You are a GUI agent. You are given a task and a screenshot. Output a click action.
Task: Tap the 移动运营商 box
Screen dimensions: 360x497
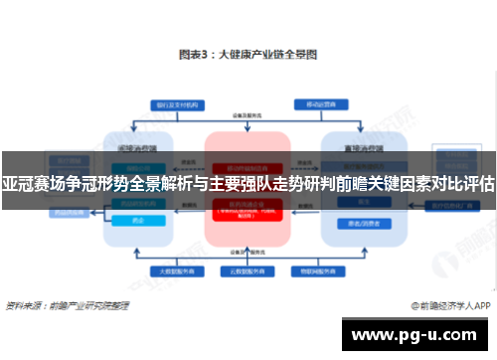pyautogui.click(x=318, y=103)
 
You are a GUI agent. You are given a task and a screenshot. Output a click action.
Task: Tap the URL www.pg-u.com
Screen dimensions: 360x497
pyautogui.click(x=416, y=334)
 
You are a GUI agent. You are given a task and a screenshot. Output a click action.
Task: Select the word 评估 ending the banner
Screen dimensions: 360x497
pyautogui.click(x=479, y=184)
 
